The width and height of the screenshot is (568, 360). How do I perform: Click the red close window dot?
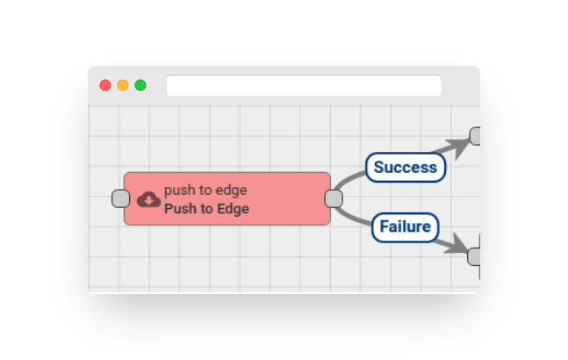pyautogui.click(x=105, y=85)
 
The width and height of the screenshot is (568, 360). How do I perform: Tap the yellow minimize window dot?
pyautogui.click(x=123, y=85)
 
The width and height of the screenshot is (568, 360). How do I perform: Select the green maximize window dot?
pyautogui.click(x=140, y=85)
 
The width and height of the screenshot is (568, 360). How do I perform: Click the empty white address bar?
pyautogui.click(x=304, y=85)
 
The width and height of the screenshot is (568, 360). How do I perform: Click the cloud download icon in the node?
pyautogui.click(x=148, y=199)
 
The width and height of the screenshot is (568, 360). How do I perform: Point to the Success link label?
pyautogui.click(x=406, y=168)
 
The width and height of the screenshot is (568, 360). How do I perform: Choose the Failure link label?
pyautogui.click(x=406, y=227)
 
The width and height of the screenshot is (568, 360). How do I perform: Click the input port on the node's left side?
pyautogui.click(x=120, y=198)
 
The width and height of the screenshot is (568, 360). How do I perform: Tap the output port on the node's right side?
pyautogui.click(x=334, y=198)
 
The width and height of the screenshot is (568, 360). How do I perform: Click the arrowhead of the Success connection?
pyautogui.click(x=458, y=146)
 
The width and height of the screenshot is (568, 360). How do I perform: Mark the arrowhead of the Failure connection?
pyautogui.click(x=457, y=244)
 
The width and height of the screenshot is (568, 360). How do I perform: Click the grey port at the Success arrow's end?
pyautogui.click(x=475, y=136)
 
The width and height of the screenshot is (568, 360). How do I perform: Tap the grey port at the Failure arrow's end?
pyautogui.click(x=474, y=256)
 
